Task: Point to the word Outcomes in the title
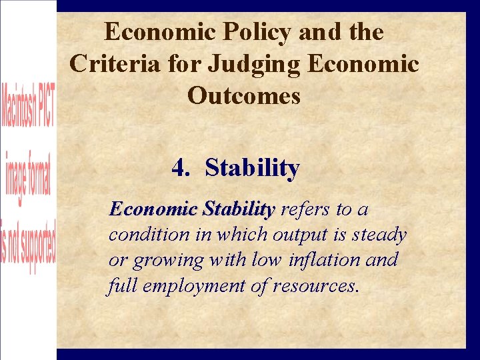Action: point(244,95)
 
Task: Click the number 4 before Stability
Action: point(178,167)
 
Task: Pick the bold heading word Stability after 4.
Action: point(252,167)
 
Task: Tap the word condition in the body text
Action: point(139,235)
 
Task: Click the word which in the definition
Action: point(238,235)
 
